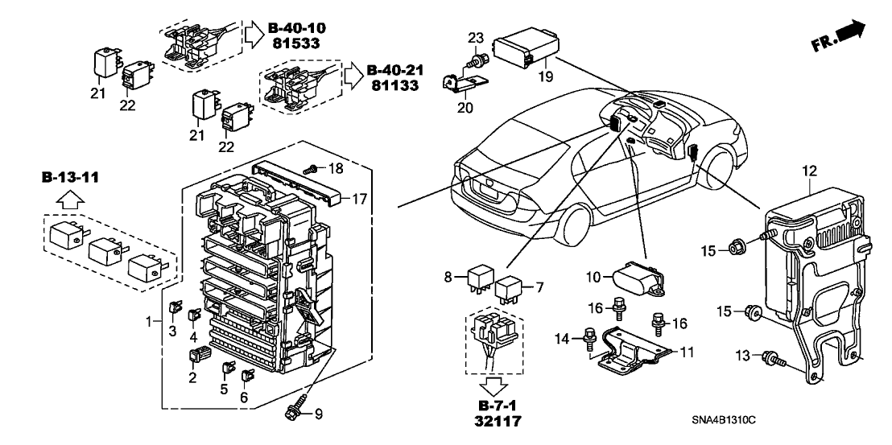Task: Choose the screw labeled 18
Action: point(310,169)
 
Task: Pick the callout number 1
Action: point(148,322)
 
